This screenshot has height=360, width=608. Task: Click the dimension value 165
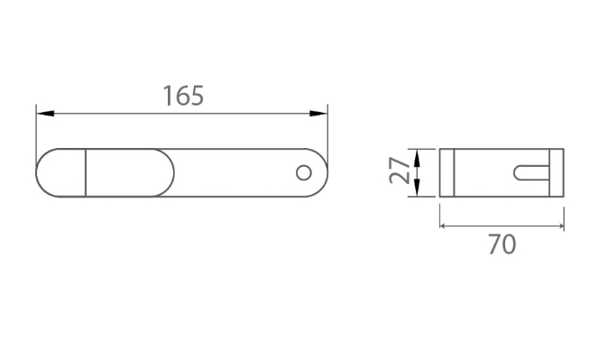coord(183,95)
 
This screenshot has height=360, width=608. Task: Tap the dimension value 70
coord(502,244)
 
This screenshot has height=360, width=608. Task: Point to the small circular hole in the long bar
coord(304,171)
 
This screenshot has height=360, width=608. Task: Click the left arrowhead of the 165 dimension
coord(42,113)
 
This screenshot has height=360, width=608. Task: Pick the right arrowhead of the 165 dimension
coord(319,113)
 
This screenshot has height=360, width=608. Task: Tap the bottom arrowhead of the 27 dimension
coord(418,189)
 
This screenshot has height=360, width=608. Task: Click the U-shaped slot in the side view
coord(530,171)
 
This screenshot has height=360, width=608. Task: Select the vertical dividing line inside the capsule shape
coord(86,171)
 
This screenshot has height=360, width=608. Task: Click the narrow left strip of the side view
coord(446,171)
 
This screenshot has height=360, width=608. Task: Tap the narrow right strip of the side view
coord(556,171)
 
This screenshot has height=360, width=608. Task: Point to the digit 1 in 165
coord(167,95)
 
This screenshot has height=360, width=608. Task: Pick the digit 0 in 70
coord(510,244)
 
